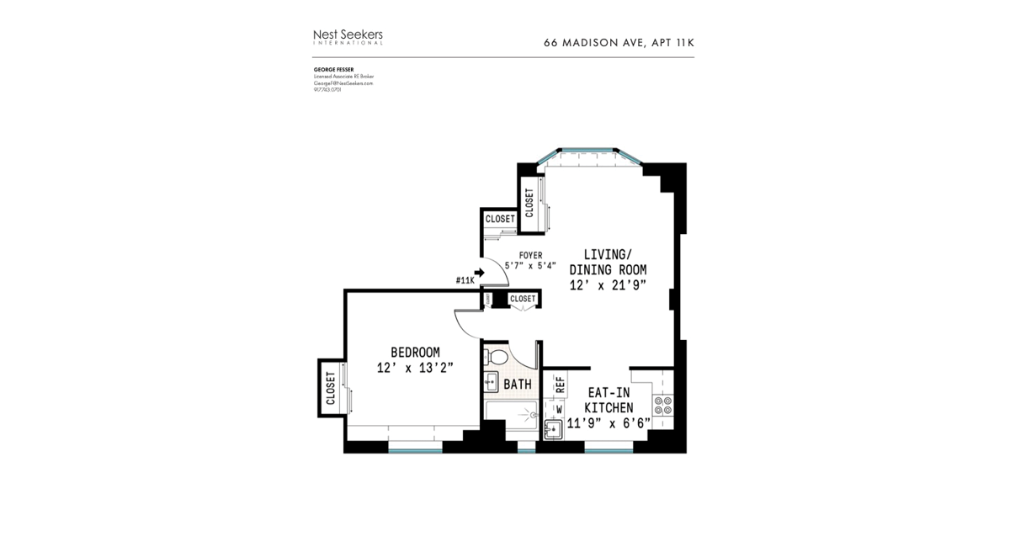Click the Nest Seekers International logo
point(348,36)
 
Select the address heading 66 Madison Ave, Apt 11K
point(619,42)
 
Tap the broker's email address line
point(343,83)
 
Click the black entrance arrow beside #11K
point(480,273)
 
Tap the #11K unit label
point(464,280)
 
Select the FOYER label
point(530,255)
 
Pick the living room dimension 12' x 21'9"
point(608,285)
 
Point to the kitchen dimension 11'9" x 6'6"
point(609,423)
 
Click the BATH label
point(518,385)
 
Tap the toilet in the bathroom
point(498,358)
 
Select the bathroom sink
point(491,382)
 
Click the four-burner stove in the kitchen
point(663,406)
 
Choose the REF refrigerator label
point(559,385)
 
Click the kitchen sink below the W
point(554,429)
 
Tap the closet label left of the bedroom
point(330,388)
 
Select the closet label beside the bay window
point(529,203)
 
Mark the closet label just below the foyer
point(522,299)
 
